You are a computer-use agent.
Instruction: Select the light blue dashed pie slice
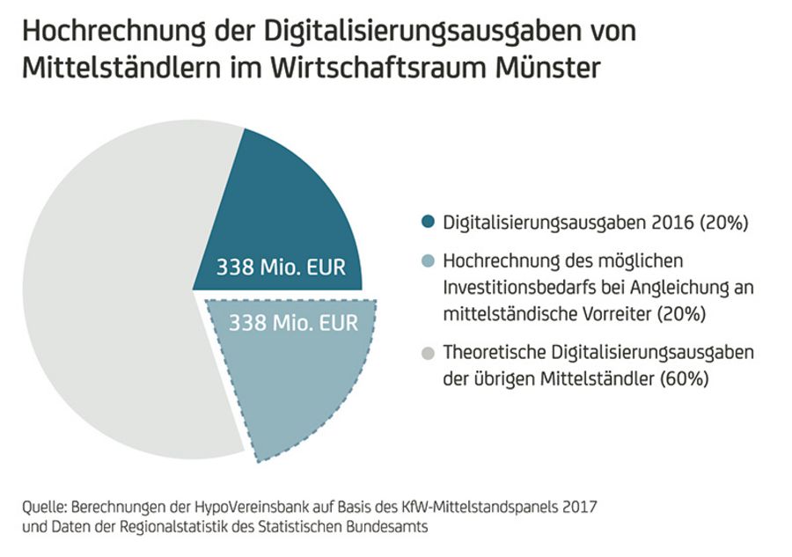click(290, 378)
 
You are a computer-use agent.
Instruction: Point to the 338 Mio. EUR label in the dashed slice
click(294, 323)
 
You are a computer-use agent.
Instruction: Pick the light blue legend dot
click(429, 262)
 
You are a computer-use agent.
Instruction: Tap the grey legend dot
click(429, 354)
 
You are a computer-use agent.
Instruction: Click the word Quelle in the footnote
click(42, 509)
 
